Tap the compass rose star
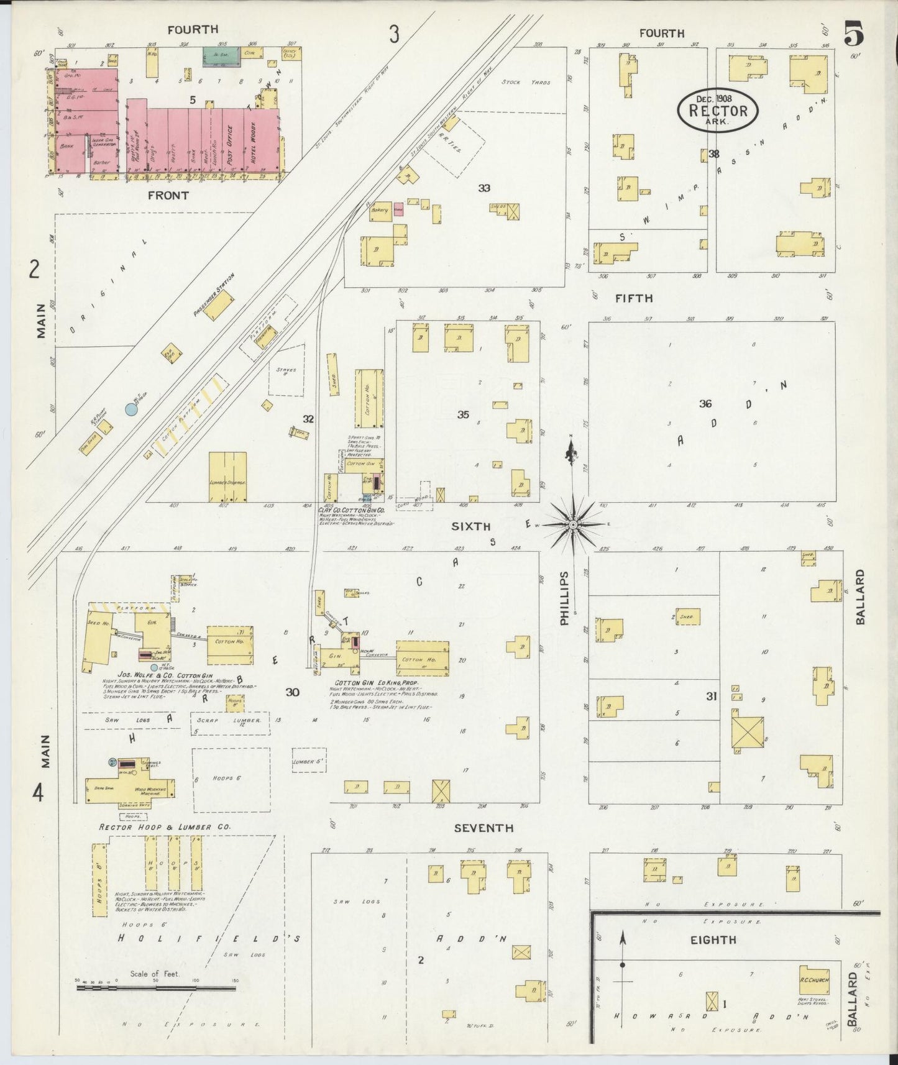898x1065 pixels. [572, 525]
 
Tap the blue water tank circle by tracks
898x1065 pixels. [131, 409]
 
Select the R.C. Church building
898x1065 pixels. [814, 980]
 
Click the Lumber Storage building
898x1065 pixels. [227, 477]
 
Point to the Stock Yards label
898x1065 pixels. [526, 82]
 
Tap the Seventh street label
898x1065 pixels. [483, 828]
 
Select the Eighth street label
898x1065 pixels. [713, 940]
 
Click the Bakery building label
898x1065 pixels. [380, 211]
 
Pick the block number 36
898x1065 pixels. [705, 404]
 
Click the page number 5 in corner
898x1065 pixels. [854, 34]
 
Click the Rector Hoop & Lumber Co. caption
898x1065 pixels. [165, 827]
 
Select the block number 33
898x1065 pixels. [484, 188]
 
